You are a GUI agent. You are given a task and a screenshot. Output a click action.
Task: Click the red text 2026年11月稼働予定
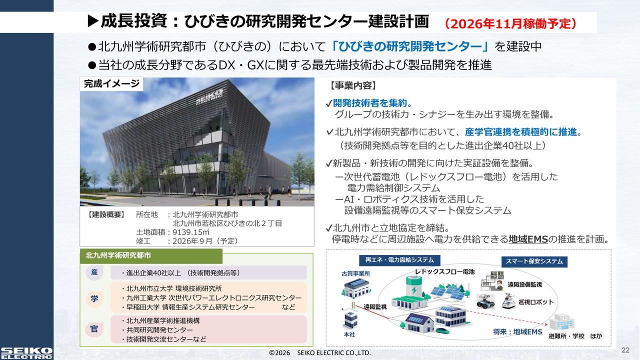[510, 23]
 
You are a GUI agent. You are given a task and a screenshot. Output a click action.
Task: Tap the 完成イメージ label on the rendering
[111, 83]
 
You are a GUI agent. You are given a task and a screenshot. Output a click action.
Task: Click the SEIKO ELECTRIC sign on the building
[209, 97]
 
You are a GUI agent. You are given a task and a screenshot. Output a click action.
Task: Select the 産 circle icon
[94, 272]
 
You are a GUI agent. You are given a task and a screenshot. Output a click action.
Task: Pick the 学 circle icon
[94, 298]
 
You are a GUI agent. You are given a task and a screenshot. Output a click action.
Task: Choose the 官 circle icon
[94, 329]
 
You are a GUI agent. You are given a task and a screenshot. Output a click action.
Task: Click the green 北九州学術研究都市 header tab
[151, 255]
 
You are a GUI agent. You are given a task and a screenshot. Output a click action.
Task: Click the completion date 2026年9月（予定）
[205, 241]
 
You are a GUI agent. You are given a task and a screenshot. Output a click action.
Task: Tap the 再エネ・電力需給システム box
[399, 260]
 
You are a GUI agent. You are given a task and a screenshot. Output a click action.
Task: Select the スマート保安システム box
[534, 261]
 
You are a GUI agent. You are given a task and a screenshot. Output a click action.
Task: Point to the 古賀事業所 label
[355, 273]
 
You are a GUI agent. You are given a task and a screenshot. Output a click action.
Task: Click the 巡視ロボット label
[536, 302]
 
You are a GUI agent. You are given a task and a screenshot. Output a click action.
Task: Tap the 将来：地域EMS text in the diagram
[517, 331]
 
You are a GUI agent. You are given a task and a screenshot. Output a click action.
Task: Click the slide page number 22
[625, 350]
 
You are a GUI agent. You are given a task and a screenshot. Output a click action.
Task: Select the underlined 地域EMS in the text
[528, 239]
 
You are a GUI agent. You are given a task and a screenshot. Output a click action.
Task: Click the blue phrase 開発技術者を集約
[369, 103]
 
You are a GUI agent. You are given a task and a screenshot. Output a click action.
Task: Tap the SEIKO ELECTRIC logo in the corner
[26, 353]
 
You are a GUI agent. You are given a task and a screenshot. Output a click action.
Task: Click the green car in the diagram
[442, 331]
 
